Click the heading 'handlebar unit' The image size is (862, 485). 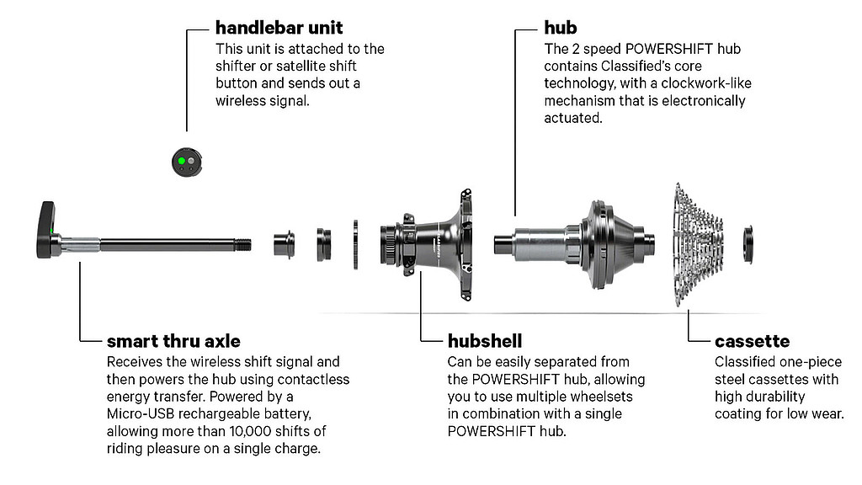tap(279, 28)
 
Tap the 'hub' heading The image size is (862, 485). tap(560, 28)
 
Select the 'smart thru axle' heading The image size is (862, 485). tap(173, 341)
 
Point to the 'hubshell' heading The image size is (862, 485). tap(484, 341)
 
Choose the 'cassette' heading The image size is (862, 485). tap(752, 342)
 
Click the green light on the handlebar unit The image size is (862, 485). tap(182, 161)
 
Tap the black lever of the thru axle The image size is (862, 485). tap(47, 229)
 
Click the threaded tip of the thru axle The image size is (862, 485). tap(242, 244)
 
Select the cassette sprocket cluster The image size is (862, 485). tap(697, 245)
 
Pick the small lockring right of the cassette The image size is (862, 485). tap(748, 243)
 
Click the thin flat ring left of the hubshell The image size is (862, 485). tap(356, 245)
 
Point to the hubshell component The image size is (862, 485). tap(426, 243)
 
